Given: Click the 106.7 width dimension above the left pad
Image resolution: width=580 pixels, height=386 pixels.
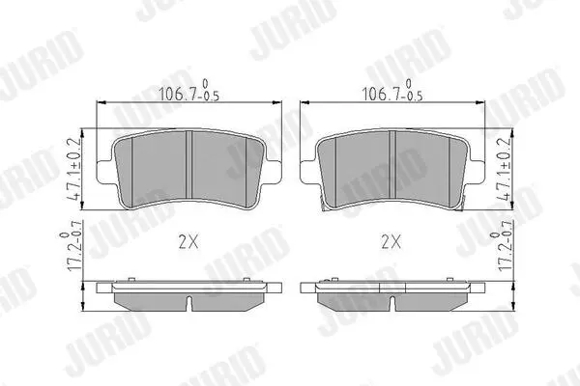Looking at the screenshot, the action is [x=188, y=91].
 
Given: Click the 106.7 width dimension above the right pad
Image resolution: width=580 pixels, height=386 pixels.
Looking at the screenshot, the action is [x=392, y=91].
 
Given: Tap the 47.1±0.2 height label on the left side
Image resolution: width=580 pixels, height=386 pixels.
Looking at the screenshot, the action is [x=74, y=170].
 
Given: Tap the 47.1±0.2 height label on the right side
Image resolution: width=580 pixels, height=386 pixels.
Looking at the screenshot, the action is [x=505, y=170].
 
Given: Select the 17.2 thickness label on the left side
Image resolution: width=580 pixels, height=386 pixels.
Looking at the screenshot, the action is [x=72, y=246].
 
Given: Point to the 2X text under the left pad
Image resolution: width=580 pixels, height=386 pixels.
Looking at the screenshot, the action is [x=188, y=242].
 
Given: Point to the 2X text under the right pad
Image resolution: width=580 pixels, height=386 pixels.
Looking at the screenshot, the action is [x=391, y=242].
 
